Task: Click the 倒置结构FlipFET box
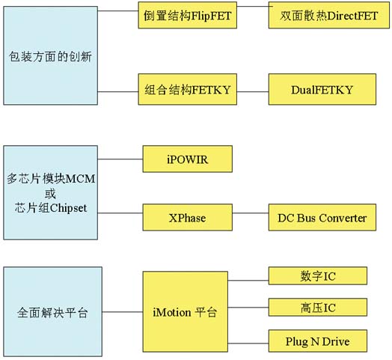tap(188, 15)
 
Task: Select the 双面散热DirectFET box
tap(328, 15)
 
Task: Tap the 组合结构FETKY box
tap(188, 89)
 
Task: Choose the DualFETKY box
tap(322, 89)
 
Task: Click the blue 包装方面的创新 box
tap(51, 55)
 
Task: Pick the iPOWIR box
tap(188, 159)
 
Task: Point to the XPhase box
tap(188, 217)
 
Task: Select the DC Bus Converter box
tap(322, 217)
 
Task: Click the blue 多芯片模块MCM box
tap(51, 192)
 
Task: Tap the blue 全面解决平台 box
tap(53, 311)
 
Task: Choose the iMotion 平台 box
tap(186, 311)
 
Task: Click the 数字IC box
tap(318, 275)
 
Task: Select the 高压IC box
tap(318, 307)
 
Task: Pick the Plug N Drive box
tap(318, 341)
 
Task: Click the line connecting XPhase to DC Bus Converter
tap(251, 213)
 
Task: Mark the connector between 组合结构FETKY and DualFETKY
tap(253, 91)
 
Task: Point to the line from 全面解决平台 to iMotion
tap(123, 311)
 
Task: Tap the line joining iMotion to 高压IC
tap(248, 307)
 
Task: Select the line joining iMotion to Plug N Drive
tap(248, 344)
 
